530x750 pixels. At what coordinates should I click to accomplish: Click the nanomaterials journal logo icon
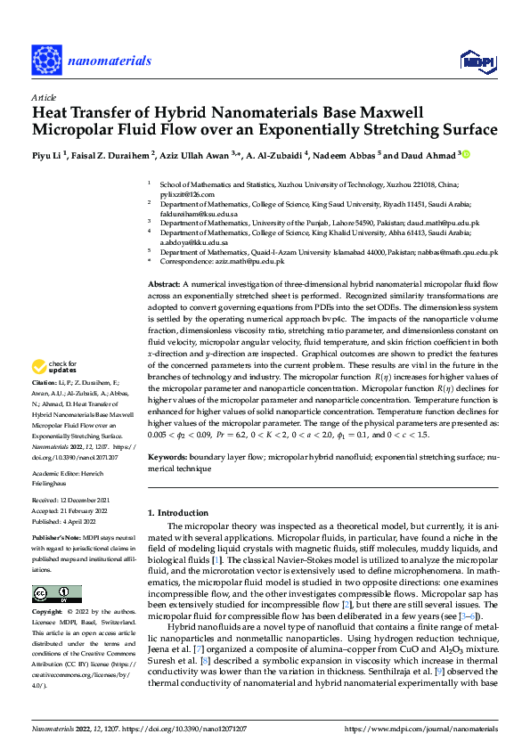coord(45,60)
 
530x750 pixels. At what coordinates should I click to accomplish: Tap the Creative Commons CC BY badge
coord(56,594)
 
